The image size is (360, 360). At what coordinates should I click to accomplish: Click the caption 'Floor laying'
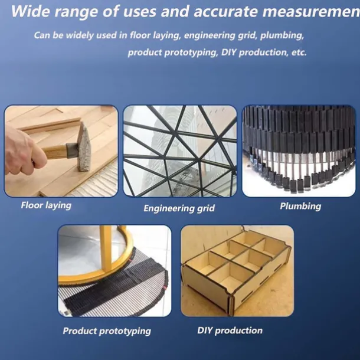[46, 205]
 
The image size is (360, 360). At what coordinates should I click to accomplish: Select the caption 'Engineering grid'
[179, 208]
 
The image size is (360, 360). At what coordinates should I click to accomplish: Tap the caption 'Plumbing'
[300, 206]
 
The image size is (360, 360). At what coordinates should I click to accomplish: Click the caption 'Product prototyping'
[107, 330]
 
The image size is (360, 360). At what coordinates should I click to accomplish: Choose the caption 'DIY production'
[230, 330]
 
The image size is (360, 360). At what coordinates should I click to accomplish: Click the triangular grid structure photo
[179, 151]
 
